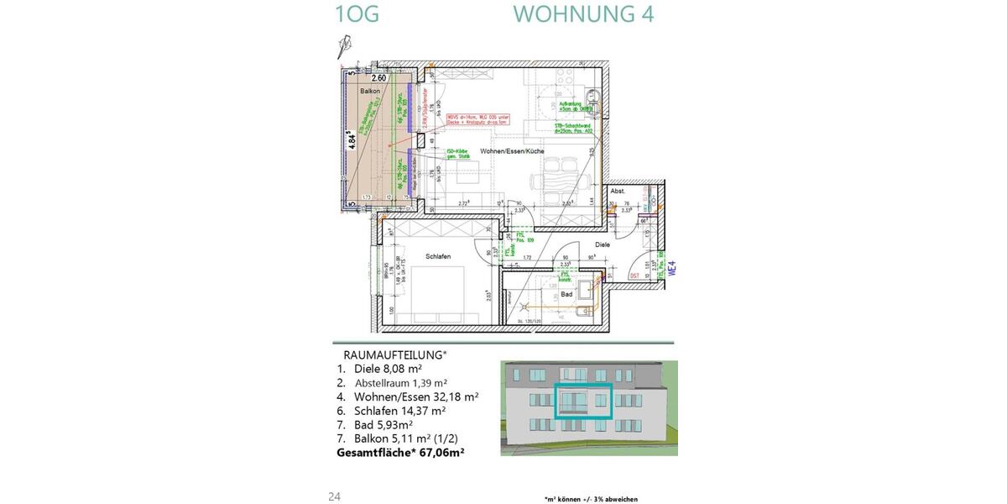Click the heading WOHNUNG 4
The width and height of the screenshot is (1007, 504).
[583, 14]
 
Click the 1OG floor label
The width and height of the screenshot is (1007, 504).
[357, 14]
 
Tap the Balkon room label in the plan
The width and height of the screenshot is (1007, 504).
[370, 91]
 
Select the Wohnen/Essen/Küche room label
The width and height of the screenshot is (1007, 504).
[512, 151]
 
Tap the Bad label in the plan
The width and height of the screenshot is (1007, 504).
[566, 294]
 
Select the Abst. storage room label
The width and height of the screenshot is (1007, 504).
[618, 192]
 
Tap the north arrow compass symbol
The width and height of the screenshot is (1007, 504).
[342, 45]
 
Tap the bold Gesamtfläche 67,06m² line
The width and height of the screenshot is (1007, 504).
[400, 451]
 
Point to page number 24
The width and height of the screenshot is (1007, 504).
[334, 496]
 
